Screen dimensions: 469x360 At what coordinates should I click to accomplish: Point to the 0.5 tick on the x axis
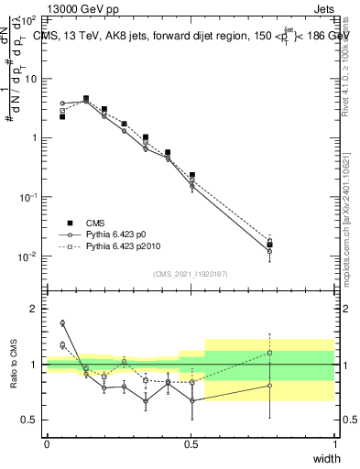[x=191, y=443]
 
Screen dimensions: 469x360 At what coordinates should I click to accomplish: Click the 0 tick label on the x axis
[x=47, y=443]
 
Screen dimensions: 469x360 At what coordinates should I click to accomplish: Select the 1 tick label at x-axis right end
[x=334, y=443]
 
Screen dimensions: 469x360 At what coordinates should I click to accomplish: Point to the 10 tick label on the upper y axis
[x=31, y=78]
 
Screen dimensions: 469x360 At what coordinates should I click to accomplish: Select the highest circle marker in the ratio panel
[x=62, y=323]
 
